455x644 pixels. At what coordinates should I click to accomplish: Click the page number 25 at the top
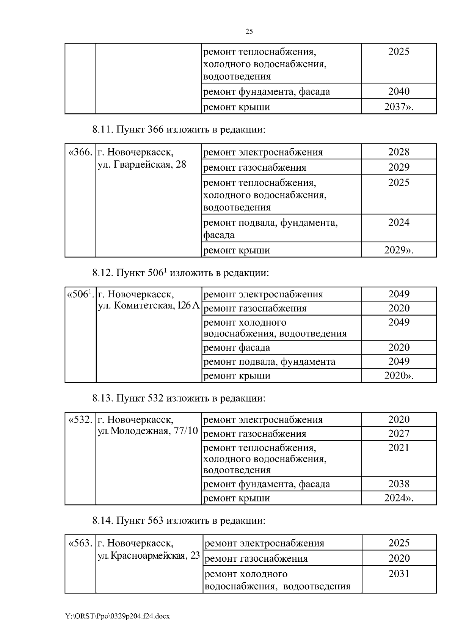coord(249,32)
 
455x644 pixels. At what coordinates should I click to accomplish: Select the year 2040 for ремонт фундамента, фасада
coord(399,91)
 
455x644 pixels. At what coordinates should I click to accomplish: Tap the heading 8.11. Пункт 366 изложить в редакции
coord(179,130)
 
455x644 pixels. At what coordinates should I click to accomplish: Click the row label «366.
coord(80,152)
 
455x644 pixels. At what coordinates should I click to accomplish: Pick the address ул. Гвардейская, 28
coord(142,165)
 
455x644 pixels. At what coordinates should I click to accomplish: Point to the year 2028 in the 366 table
coord(399,152)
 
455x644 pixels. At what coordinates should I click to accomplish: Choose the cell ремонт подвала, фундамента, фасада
coord(270,228)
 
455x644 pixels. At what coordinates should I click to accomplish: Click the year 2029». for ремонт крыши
coord(399,250)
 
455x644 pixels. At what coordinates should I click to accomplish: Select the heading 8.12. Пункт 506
coord(180,273)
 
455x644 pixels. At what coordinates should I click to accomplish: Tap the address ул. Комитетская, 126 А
coord(149,306)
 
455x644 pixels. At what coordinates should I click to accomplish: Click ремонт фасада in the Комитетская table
coord(237,347)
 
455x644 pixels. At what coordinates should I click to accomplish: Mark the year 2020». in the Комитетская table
coord(399,376)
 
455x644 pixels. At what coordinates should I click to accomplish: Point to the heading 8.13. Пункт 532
coord(179,399)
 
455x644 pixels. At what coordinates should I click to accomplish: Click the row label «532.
coord(80,420)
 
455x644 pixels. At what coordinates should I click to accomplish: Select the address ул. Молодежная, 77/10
coord(148,431)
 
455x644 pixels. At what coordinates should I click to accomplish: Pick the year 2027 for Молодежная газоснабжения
coord(399,434)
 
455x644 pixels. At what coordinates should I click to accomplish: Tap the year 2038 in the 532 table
coord(399,484)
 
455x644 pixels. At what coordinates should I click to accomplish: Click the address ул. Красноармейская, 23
coord(149,556)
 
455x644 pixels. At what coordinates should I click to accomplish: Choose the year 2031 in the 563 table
coord(399,573)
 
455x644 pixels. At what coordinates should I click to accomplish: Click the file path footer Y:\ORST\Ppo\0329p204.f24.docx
coord(117,616)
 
